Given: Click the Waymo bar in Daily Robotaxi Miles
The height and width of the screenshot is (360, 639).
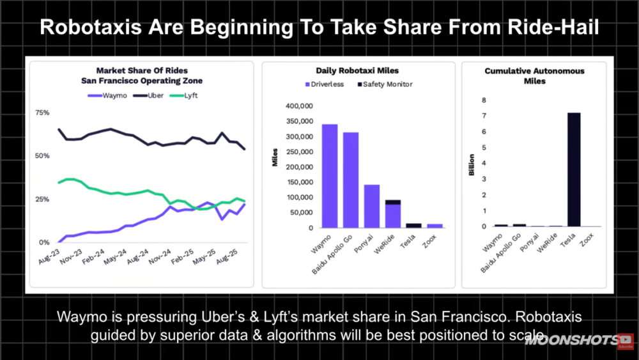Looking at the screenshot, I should (330, 176).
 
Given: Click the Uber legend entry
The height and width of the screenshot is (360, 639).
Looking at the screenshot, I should (149, 95).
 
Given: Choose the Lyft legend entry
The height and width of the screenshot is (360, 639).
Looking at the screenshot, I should (180, 95).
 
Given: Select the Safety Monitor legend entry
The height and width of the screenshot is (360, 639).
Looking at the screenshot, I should (383, 84).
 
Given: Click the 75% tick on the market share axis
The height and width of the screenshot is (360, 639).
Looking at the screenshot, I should (42, 113).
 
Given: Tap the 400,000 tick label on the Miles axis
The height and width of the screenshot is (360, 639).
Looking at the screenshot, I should (297, 106).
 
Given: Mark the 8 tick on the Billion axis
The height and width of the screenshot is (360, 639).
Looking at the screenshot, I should (484, 100).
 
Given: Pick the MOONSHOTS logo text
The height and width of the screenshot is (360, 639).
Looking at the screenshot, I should (570, 340).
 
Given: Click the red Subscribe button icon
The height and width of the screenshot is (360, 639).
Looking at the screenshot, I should (626, 340).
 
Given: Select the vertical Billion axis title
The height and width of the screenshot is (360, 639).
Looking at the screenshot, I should (472, 164).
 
